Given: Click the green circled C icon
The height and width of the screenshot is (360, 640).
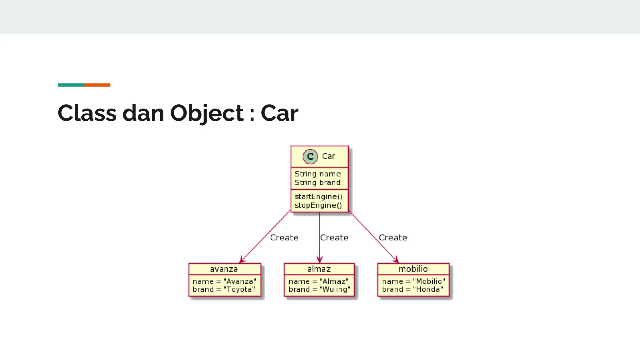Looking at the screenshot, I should pyautogui.click(x=310, y=157).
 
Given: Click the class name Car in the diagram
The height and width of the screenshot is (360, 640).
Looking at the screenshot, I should pyautogui.click(x=328, y=156).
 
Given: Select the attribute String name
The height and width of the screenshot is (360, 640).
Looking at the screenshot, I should pyautogui.click(x=317, y=174).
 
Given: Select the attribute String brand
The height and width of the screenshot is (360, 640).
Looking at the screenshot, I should pyautogui.click(x=317, y=182).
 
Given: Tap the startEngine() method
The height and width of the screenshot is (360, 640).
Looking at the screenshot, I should pyautogui.click(x=318, y=197).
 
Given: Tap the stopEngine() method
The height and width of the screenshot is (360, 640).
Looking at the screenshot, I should pyautogui.click(x=318, y=205).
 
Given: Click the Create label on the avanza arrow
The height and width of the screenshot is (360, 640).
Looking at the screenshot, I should pyautogui.click(x=284, y=237).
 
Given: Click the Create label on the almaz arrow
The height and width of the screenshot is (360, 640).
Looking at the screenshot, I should pyautogui.click(x=334, y=237).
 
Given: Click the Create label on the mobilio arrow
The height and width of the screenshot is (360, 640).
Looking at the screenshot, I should pyautogui.click(x=393, y=237).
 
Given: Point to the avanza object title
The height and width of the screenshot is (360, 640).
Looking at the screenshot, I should pyautogui.click(x=224, y=269).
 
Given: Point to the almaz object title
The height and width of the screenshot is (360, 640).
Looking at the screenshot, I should pyautogui.click(x=319, y=269).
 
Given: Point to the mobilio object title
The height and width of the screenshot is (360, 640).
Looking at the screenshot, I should pyautogui.click(x=413, y=269).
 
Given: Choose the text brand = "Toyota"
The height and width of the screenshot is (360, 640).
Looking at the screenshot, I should pyautogui.click(x=224, y=289).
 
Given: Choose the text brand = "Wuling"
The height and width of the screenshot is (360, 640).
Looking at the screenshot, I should pyautogui.click(x=319, y=289).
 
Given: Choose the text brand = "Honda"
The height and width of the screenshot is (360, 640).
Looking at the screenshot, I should pyautogui.click(x=412, y=289).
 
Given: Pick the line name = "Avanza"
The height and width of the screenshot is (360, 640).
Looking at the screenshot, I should pyautogui.click(x=224, y=281).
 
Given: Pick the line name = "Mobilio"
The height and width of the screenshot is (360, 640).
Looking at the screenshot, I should pyautogui.click(x=413, y=281).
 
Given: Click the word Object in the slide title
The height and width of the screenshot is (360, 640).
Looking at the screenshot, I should pyautogui.click(x=207, y=113).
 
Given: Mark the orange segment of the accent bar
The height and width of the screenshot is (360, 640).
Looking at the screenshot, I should pyautogui.click(x=97, y=85).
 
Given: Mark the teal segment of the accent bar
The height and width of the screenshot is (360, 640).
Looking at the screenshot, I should pyautogui.click(x=71, y=85).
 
